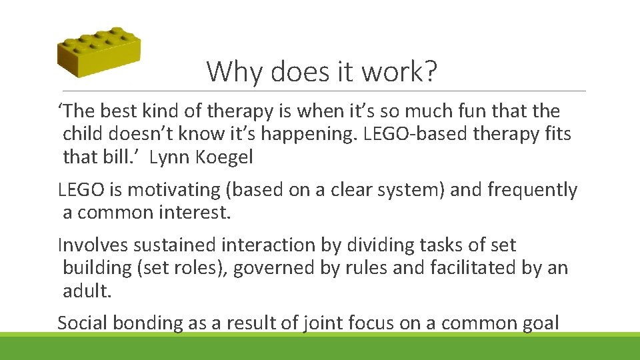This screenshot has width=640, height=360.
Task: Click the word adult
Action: click(x=85, y=291)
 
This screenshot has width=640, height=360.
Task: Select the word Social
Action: click(x=83, y=323)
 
